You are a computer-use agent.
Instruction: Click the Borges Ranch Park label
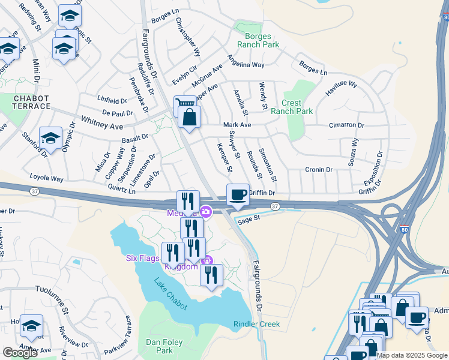pyautogui.click(x=258, y=41)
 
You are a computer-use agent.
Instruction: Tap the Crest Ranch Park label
pyautogui.click(x=291, y=107)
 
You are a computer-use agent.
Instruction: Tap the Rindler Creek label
pyautogui.click(x=256, y=324)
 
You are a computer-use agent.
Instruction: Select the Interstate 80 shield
pyautogui.click(x=405, y=229)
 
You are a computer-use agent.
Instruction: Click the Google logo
pyautogui.click(x=20, y=353)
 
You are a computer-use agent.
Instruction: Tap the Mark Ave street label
pyautogui.click(x=237, y=125)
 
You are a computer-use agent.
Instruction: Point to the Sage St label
pyautogui.click(x=247, y=220)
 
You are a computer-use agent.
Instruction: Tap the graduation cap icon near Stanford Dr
pyautogui.click(x=50, y=139)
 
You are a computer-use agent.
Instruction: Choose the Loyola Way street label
pyautogui.click(x=46, y=179)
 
